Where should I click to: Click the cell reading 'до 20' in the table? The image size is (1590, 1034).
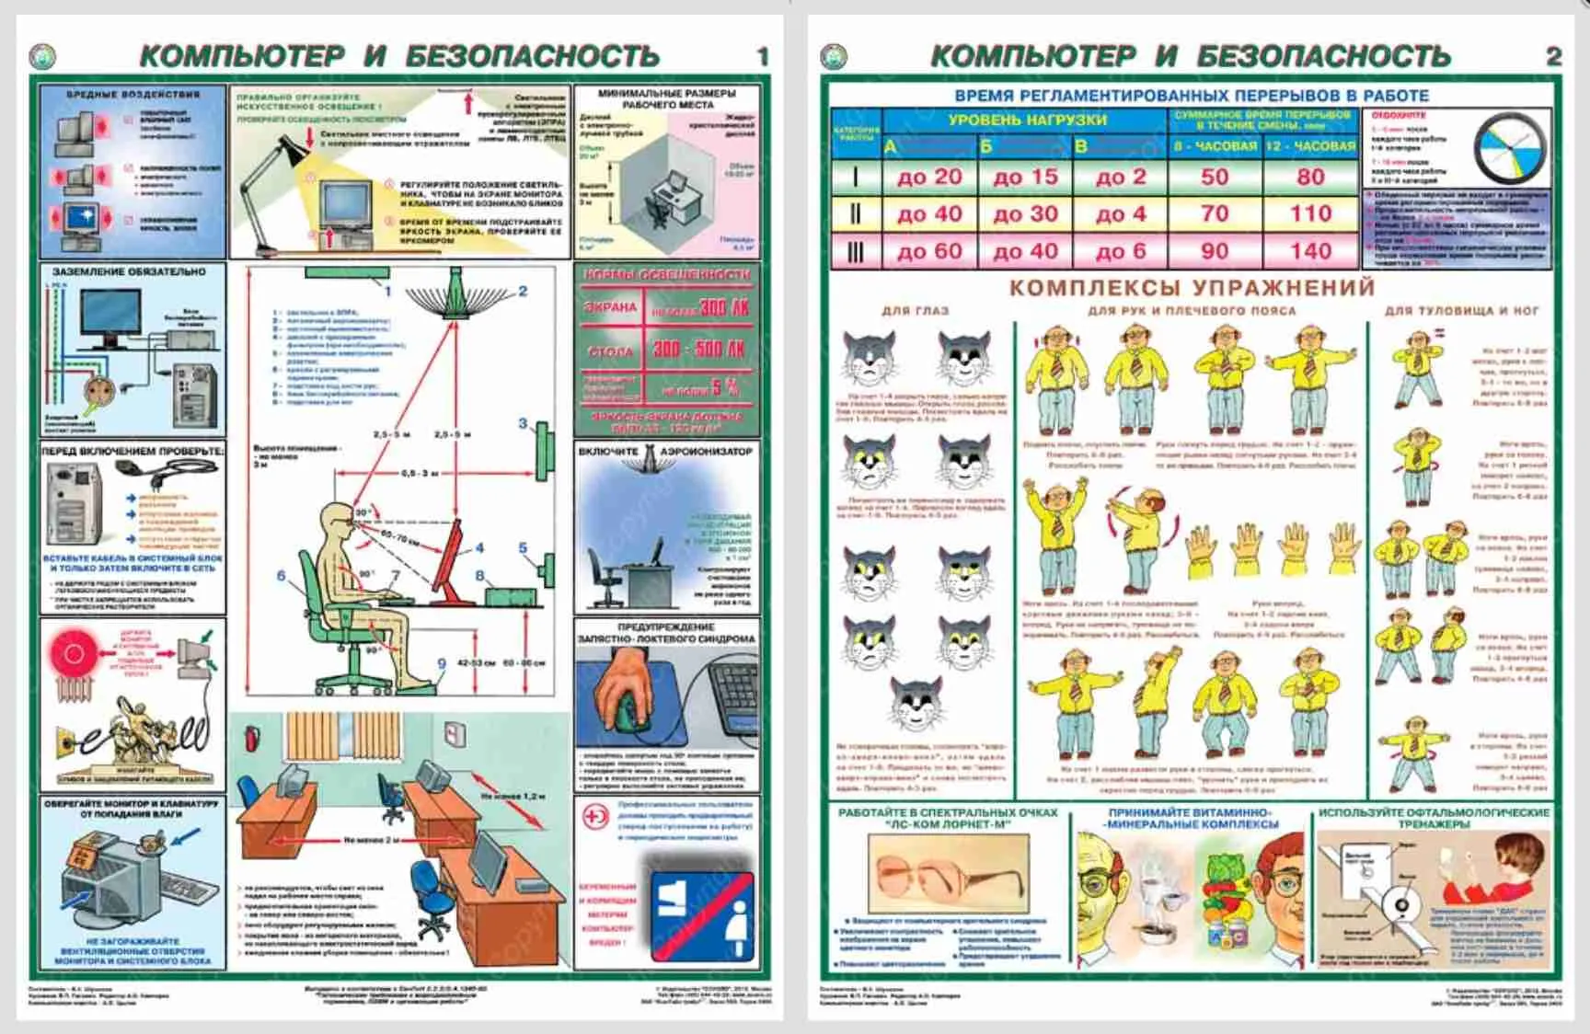929,177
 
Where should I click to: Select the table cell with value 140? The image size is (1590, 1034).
1310,251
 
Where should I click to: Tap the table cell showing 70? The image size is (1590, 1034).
1215,214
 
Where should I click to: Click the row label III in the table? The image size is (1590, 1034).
855,252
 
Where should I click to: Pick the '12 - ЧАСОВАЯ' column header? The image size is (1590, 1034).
1310,146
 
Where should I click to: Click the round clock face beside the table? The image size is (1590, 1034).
1510,148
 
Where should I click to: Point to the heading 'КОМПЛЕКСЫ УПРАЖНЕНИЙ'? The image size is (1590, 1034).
1192,287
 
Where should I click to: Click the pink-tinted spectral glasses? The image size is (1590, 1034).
948,875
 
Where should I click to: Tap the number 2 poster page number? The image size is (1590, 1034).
1554,57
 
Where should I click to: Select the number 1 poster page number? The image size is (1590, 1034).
762,57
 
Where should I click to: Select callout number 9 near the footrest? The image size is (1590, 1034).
442,663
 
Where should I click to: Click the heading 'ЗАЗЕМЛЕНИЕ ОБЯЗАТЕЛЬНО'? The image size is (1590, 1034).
129,272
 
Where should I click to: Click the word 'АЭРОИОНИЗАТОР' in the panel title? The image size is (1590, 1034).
707,452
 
